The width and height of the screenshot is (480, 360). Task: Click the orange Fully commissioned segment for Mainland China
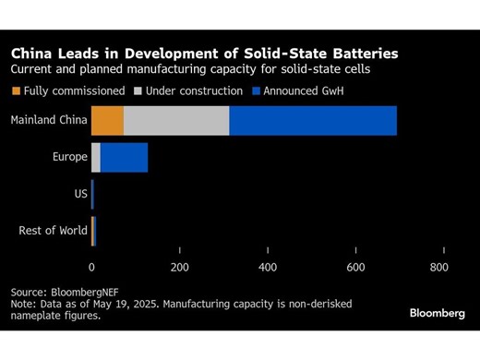(107, 120)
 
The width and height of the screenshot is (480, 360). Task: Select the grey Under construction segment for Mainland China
(176, 120)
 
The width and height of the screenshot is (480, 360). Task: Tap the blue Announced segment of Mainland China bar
(313, 120)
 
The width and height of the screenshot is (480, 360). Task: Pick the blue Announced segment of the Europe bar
(124, 157)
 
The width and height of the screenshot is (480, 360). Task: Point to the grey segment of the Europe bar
(96, 157)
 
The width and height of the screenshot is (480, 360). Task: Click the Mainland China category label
(49, 120)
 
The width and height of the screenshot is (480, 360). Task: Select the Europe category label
(69, 157)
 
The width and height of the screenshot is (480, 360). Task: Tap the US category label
(80, 194)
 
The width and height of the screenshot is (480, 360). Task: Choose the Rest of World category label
(53, 231)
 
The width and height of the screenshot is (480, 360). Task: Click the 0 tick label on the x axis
(91, 267)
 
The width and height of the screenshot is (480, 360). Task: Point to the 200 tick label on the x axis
(179, 267)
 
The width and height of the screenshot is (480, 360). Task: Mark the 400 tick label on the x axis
(268, 267)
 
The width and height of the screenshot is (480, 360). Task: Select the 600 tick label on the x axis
(355, 267)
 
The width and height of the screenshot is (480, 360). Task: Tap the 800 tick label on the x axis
(439, 267)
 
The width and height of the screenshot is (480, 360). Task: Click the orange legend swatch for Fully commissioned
(16, 91)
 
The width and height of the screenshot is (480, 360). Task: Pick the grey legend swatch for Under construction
(139, 91)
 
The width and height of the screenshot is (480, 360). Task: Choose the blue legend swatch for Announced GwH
(256, 91)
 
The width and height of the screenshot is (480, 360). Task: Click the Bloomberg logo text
(437, 313)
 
